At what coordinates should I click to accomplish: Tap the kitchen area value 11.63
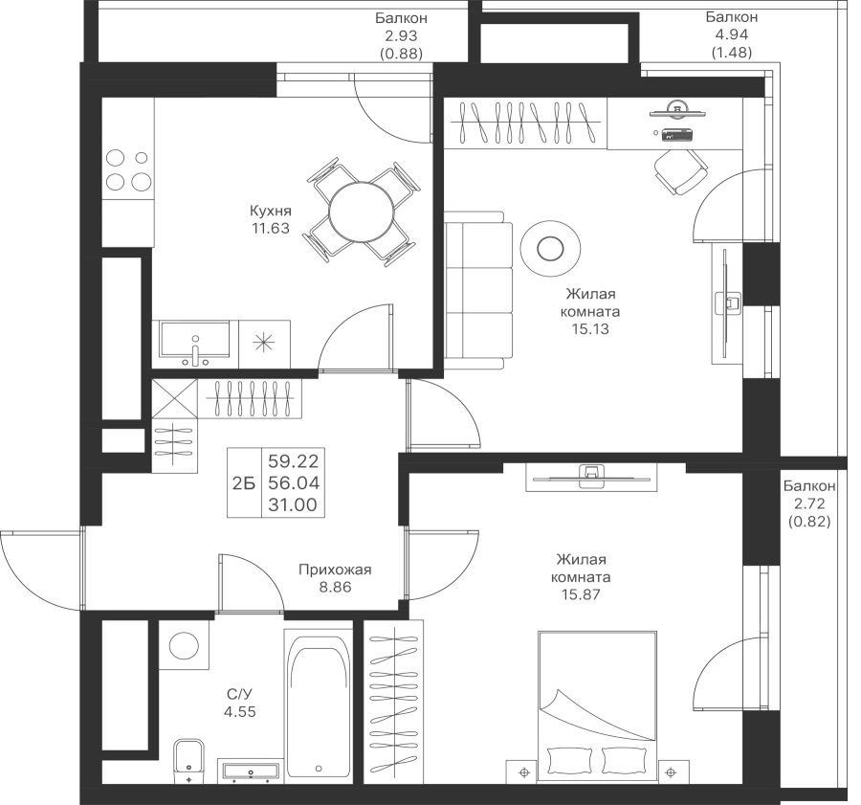[x=271, y=229]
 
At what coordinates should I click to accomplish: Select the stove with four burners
[x=127, y=169]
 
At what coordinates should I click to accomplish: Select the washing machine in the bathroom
[x=181, y=644]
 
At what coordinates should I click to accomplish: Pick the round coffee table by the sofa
[x=550, y=249]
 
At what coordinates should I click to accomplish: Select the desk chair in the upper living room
[x=680, y=170]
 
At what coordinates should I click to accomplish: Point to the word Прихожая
[x=334, y=570]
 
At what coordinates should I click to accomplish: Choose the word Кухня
[x=271, y=212]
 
